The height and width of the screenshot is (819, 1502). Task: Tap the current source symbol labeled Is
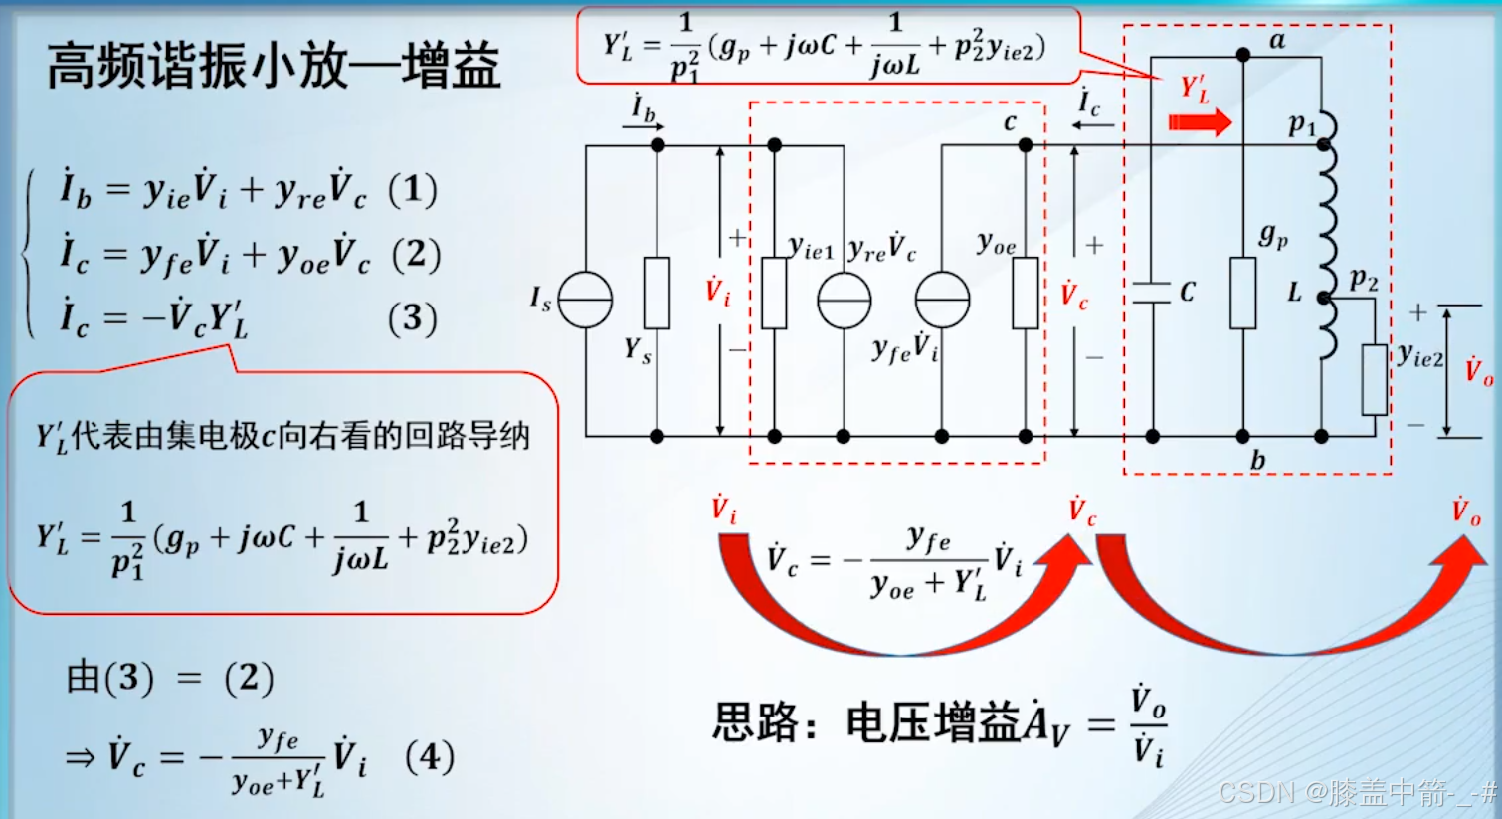[585, 300]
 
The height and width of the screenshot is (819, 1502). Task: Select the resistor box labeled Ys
[657, 293]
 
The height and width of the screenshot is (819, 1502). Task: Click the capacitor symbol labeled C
[1152, 293]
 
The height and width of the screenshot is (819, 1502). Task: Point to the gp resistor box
[1242, 293]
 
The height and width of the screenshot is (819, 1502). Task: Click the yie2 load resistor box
[1375, 379]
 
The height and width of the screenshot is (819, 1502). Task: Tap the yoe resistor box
[1026, 293]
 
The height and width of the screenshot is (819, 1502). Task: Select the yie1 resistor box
[774, 293]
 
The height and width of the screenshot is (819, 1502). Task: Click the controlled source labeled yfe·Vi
[942, 300]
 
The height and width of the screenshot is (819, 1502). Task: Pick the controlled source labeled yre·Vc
[844, 300]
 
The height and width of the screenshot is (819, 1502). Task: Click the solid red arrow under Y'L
[1200, 122]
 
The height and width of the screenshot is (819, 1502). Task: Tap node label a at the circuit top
[1277, 41]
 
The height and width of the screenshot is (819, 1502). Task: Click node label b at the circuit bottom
[1258, 460]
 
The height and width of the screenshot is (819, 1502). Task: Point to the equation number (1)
[412, 189]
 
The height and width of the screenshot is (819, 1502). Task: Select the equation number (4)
[430, 757]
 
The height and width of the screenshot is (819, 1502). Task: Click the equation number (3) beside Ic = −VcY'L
[412, 318]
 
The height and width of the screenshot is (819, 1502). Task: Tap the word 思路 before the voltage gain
[756, 722]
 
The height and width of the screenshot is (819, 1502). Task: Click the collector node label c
[1010, 121]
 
